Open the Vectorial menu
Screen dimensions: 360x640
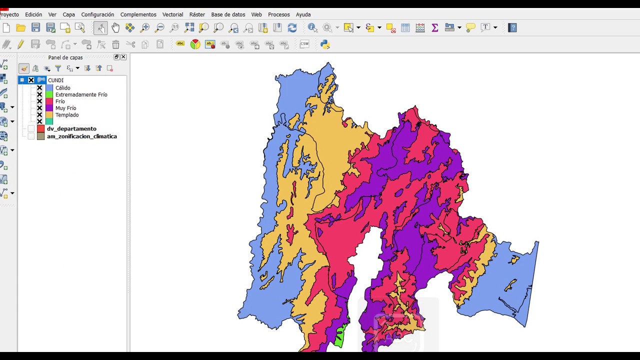click(x=172, y=14)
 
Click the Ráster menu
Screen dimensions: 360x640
click(x=197, y=14)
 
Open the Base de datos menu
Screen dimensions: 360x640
click(x=228, y=14)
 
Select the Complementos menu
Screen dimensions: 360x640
click(x=138, y=14)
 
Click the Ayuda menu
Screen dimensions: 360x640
click(x=303, y=14)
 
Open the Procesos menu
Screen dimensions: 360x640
click(x=278, y=14)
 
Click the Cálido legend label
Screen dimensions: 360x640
click(x=63, y=88)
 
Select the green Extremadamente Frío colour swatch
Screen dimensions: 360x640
click(x=49, y=94)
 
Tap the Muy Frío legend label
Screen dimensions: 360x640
click(x=65, y=108)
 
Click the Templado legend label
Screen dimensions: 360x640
click(x=67, y=115)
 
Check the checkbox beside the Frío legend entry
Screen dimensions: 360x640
click(x=39, y=101)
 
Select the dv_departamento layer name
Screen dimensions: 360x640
click(x=71, y=128)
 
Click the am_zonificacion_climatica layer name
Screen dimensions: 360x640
click(x=81, y=136)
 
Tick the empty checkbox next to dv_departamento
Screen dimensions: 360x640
click(x=31, y=129)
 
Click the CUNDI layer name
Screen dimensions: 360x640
click(x=55, y=80)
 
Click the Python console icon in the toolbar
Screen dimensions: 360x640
click(x=325, y=44)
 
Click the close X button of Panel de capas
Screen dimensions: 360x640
click(x=123, y=57)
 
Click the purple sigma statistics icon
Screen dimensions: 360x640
click(x=435, y=28)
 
